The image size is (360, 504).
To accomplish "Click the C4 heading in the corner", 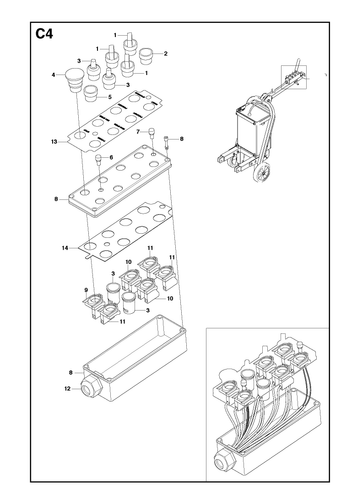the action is click(x=44, y=34).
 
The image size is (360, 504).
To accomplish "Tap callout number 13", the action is click(x=54, y=142).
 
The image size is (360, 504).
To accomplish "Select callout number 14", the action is click(x=65, y=248).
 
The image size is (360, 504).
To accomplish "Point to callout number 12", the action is click(x=68, y=389).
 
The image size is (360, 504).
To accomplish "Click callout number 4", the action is click(x=53, y=75).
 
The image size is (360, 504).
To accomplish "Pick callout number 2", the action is click(x=166, y=54).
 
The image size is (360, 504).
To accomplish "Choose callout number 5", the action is click(x=110, y=97).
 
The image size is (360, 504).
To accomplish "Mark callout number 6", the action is click(x=111, y=157).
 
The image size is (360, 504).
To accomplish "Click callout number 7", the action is click(x=138, y=132).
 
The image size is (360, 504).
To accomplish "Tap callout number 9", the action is click(x=86, y=290).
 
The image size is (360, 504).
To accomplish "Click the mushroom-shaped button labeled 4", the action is click(x=72, y=81).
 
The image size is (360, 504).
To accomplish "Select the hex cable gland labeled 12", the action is click(x=91, y=388).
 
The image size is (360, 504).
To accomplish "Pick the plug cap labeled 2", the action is click(x=146, y=57).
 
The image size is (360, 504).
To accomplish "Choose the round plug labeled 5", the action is click(x=90, y=94).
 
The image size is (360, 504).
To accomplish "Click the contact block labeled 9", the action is click(x=93, y=304).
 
